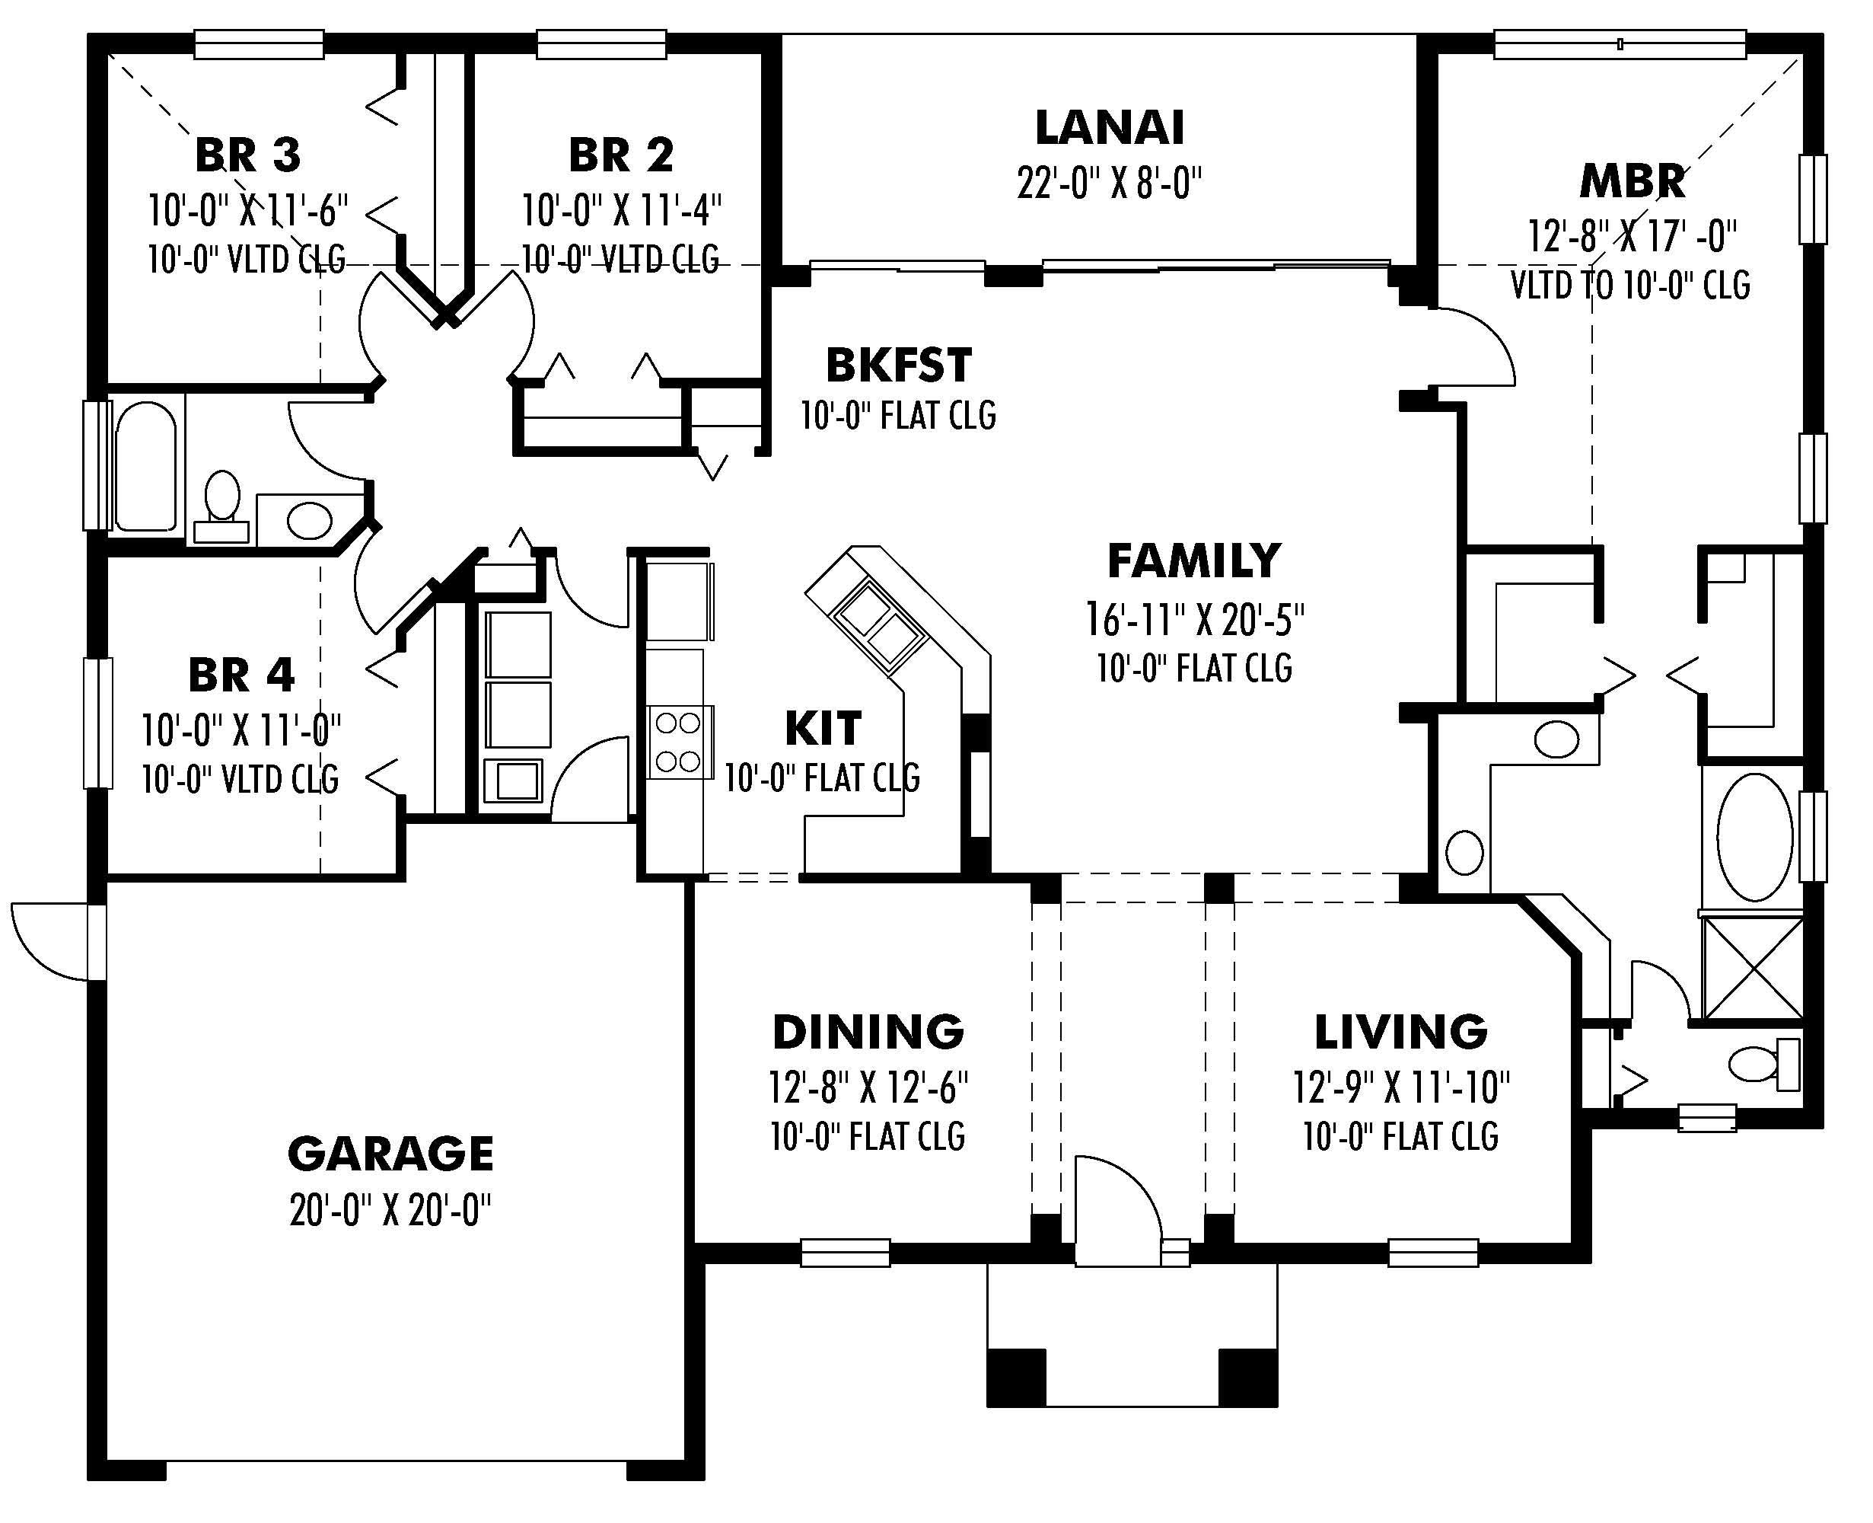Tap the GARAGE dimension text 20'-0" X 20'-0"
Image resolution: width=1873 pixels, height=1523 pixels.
click(390, 1211)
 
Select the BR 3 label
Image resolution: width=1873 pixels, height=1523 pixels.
click(248, 155)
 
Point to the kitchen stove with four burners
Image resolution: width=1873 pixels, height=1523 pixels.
click(678, 742)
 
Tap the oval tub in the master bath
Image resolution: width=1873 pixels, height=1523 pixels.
click(1754, 838)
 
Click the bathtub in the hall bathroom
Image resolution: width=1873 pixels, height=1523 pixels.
click(145, 466)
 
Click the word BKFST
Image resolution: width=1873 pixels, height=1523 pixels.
click(899, 366)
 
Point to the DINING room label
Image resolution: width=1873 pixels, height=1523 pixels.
click(868, 1032)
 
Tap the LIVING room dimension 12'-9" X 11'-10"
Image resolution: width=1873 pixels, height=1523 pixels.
click(1400, 1088)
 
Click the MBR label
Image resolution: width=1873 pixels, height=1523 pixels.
click(1632, 183)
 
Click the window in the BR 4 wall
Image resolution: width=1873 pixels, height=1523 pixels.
click(97, 723)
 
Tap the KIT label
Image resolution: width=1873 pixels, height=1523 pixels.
click(823, 728)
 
